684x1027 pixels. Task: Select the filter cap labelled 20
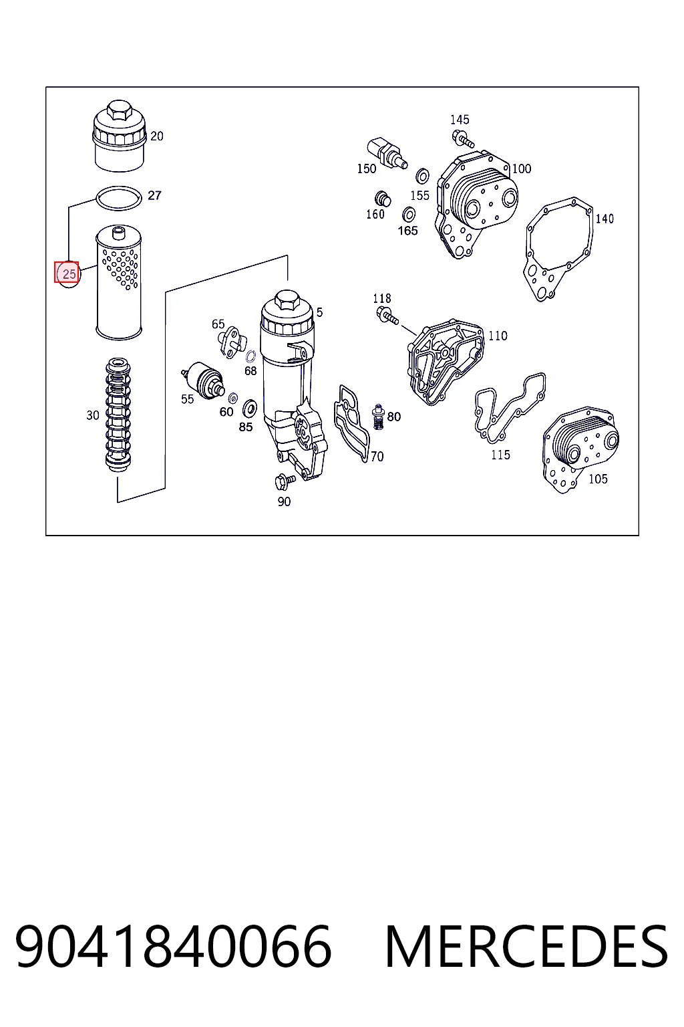[120, 136]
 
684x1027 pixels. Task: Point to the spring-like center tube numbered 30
[118, 415]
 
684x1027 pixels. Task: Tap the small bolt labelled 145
[463, 138]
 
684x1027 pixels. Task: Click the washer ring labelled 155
[422, 176]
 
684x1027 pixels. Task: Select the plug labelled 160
[383, 199]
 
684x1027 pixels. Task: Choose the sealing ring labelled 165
[409, 214]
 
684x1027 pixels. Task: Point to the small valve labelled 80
[379, 417]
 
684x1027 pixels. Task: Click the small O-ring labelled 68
[250, 356]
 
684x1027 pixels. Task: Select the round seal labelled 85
[250, 407]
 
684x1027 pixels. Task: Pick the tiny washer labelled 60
[232, 398]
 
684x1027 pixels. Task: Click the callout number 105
[598, 479]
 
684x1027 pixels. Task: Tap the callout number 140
[605, 219]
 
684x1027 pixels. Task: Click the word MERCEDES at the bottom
[526, 946]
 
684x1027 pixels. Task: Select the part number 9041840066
[173, 946]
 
